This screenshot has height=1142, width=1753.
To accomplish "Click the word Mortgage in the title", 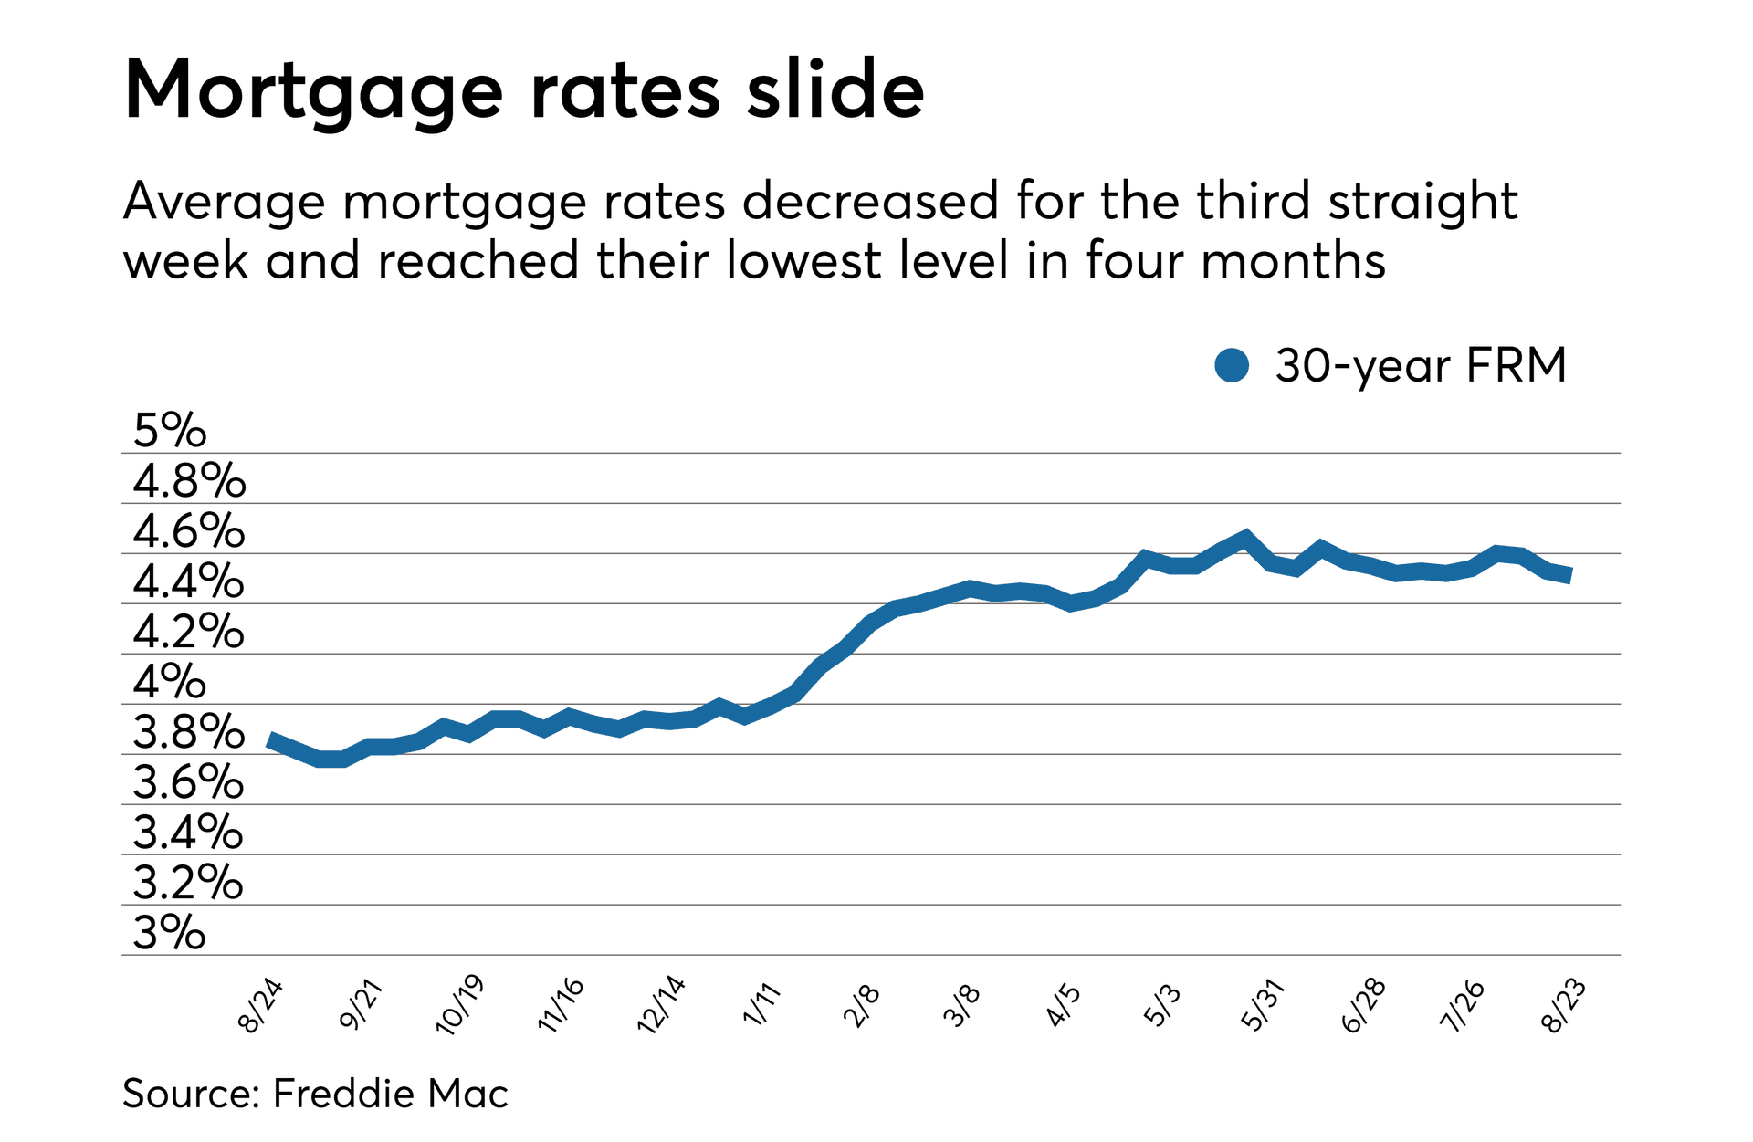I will click(312, 91).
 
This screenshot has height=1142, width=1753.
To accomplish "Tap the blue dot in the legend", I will click(1232, 365).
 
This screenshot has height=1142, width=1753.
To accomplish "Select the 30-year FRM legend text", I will click(1420, 365).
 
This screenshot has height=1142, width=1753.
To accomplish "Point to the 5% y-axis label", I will click(170, 430).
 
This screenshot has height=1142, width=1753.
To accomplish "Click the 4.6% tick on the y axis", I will click(189, 530).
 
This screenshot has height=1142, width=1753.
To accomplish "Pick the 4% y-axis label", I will click(170, 681).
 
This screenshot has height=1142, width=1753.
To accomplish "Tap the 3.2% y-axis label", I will click(188, 882).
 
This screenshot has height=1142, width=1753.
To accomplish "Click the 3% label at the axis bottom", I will click(170, 932).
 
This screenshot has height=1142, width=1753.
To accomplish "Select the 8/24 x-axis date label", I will click(261, 1005).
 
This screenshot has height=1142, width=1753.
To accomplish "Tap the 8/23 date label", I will click(1563, 1005).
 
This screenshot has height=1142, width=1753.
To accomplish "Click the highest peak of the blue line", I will click(1245, 537).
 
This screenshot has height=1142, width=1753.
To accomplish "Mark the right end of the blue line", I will click(1569, 575).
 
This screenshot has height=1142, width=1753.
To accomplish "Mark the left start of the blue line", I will click(269, 739).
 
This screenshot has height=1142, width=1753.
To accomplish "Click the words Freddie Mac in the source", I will click(390, 1094).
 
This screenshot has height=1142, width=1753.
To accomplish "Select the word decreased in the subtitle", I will click(870, 201).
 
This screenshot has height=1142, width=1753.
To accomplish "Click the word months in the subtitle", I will click(1293, 261).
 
